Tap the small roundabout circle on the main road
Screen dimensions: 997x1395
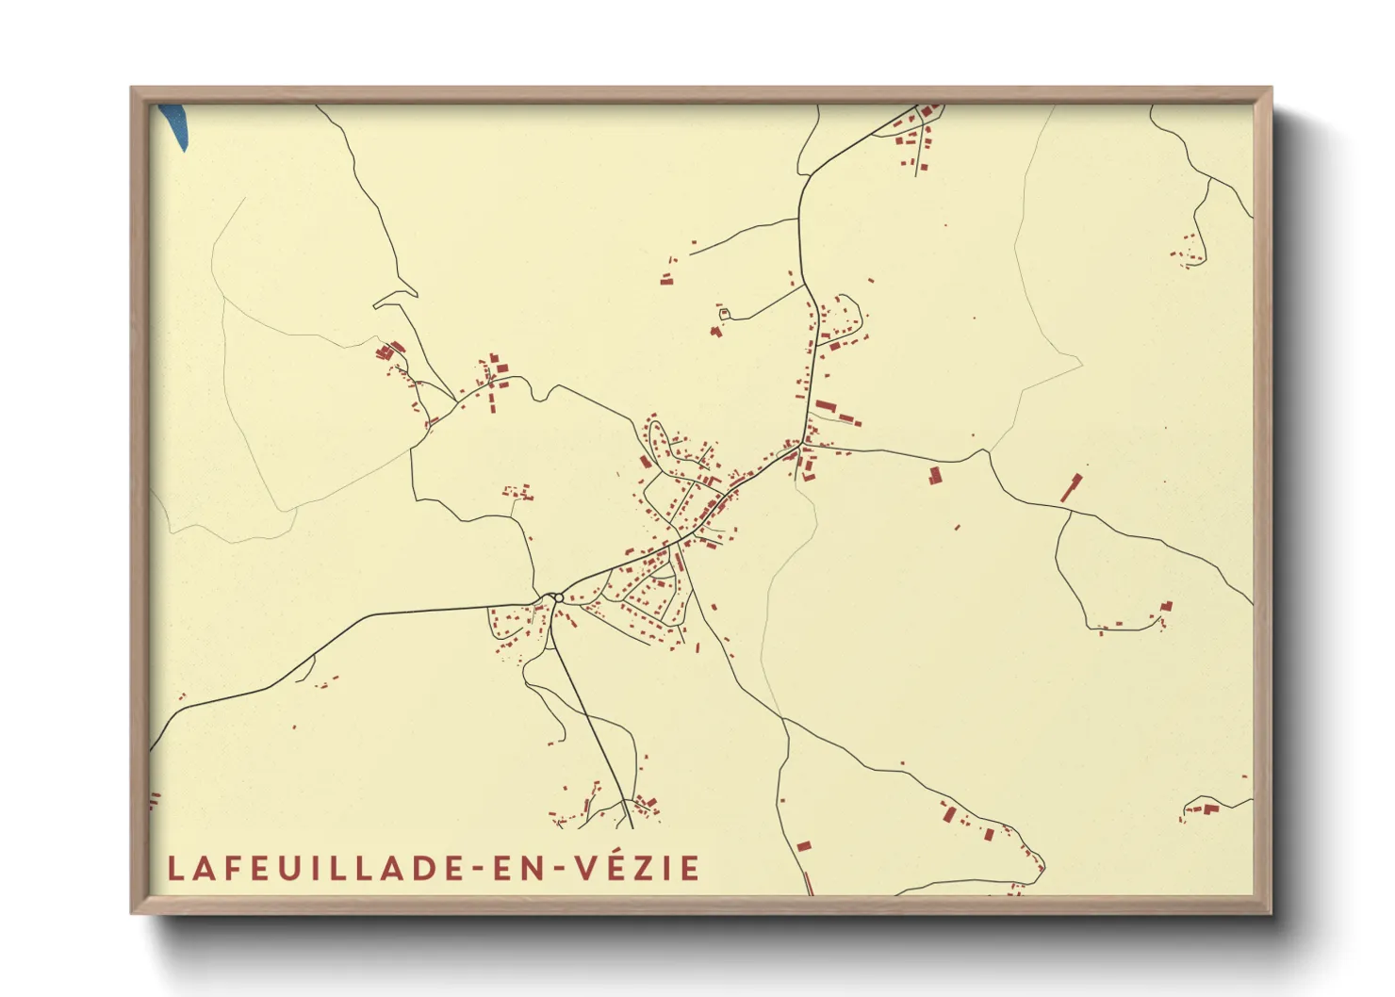tap(559, 597)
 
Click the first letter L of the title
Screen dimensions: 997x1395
tap(174, 868)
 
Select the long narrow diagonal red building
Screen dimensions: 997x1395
tap(1071, 488)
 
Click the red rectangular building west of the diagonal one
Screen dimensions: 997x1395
tap(935, 475)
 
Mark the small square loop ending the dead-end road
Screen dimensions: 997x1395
tap(724, 313)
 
